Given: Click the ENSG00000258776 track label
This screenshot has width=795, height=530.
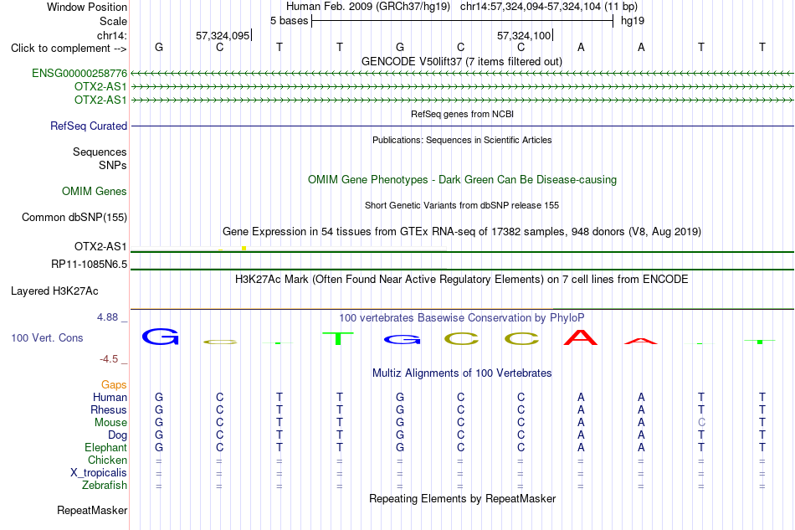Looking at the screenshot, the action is [79, 74].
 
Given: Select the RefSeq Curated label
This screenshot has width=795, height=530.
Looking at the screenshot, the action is [88, 126].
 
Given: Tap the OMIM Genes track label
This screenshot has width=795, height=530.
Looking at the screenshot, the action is [95, 191].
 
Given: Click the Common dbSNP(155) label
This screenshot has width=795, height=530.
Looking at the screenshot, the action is [74, 217].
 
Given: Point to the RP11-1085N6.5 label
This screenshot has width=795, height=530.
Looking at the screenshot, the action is [90, 265].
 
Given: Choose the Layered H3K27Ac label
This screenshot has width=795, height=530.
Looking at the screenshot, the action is [54, 291].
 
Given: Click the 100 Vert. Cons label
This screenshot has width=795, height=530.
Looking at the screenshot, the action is [47, 337].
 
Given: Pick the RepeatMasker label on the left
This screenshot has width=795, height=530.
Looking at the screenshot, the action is [92, 510].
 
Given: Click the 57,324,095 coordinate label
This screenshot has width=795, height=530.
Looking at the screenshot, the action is [223, 35].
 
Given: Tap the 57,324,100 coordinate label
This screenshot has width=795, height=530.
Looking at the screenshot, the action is [524, 35].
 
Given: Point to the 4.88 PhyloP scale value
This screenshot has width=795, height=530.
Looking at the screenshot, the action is [107, 317].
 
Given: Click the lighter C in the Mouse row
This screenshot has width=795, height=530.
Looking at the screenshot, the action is [702, 423].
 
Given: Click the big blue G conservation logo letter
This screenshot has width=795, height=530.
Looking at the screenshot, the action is [160, 337].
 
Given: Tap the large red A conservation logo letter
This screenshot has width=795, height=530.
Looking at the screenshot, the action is [581, 337].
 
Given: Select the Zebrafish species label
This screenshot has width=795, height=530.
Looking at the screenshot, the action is [105, 486].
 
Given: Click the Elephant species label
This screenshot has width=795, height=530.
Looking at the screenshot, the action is [106, 448].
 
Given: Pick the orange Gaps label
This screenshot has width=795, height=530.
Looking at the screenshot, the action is [114, 385].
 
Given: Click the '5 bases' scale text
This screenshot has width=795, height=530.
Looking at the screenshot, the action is [289, 21].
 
